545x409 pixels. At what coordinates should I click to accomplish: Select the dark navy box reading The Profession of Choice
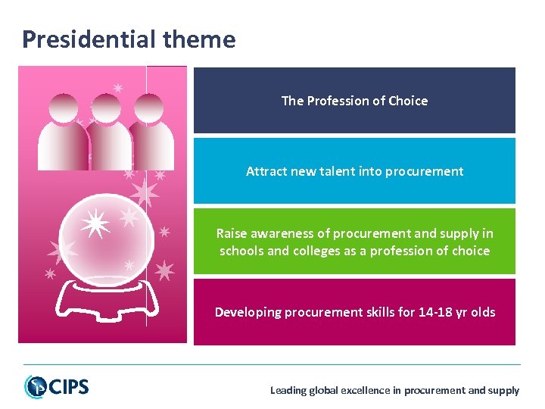coord(354,101)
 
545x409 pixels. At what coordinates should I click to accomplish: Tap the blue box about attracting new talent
coord(354,171)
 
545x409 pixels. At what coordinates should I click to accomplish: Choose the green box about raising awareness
coord(354,242)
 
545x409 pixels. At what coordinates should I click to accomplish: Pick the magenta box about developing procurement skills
coord(354,312)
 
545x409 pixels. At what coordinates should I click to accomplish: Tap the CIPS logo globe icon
coord(36,386)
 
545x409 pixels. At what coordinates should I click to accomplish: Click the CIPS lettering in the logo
coord(68,387)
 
